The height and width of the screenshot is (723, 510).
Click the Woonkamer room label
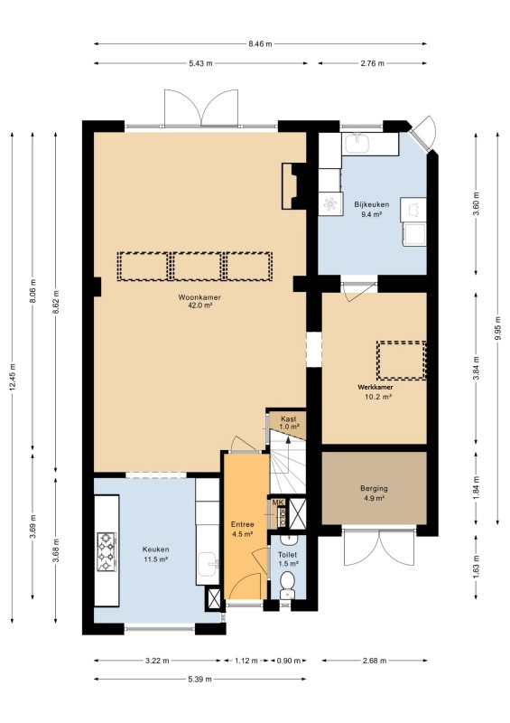(x=199, y=297)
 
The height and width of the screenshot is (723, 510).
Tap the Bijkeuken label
(x=371, y=204)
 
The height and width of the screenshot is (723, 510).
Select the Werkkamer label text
(x=376, y=388)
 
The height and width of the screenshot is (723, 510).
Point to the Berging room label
(x=374, y=488)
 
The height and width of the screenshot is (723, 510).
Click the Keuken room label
(x=156, y=549)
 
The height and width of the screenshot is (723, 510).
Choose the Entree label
(x=242, y=524)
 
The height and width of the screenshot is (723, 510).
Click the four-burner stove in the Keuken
(x=106, y=551)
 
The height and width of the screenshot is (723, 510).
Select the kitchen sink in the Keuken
(x=209, y=564)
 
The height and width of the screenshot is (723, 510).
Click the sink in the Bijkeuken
(x=357, y=143)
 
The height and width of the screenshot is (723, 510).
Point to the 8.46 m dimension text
(x=260, y=43)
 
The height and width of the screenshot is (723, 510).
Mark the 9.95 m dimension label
(x=497, y=328)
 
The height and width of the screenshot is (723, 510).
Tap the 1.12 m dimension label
(x=246, y=661)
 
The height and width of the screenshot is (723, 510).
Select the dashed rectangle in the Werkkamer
(x=401, y=361)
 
